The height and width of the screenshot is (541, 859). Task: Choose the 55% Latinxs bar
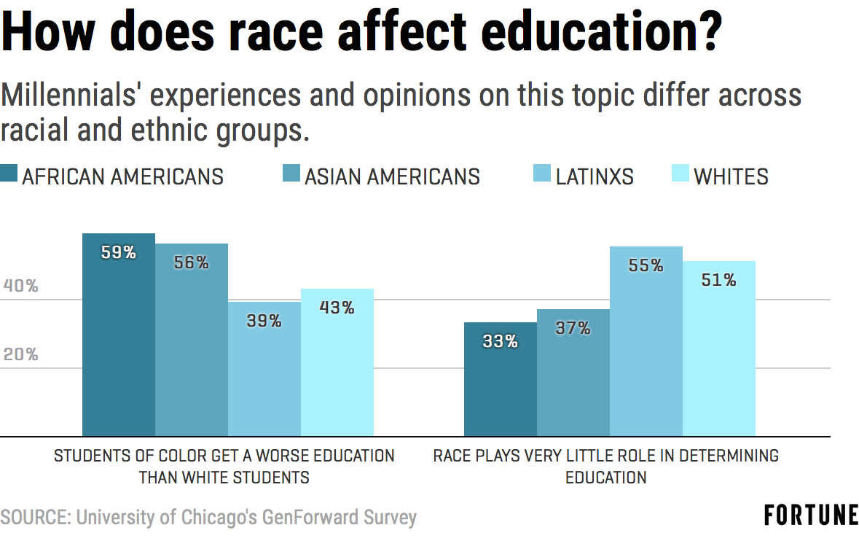coord(646,342)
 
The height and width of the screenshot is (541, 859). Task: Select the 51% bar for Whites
coord(719,349)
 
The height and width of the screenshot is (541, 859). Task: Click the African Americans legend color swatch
coord(9,176)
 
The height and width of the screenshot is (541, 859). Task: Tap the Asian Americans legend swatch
coord(291,176)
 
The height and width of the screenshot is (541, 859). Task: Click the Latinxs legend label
coord(595,176)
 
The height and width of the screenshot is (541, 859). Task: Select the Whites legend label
coord(731,176)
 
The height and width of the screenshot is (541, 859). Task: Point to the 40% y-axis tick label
coord(20,286)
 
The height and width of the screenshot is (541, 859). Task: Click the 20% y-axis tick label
coord(20,355)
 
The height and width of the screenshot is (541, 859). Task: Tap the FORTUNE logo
coord(811,515)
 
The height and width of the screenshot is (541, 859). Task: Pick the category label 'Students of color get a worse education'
coord(224,456)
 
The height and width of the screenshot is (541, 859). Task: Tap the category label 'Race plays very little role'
coord(605,456)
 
